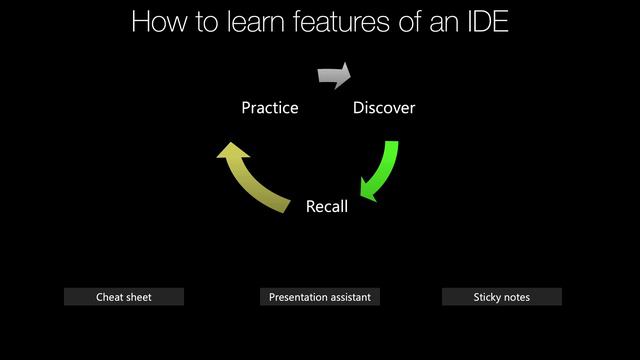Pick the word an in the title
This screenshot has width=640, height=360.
(450, 22)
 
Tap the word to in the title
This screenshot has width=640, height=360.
(204, 22)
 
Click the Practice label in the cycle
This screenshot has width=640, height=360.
(269, 108)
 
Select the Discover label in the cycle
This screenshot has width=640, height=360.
(384, 108)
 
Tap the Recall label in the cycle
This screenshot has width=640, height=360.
(327, 207)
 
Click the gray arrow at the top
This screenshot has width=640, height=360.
(334, 75)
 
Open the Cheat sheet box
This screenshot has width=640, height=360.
(124, 297)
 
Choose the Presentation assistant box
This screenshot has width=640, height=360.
(319, 297)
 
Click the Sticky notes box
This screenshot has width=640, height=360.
(501, 297)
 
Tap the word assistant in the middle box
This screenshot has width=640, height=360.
(347, 297)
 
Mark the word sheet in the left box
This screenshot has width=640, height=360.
(138, 297)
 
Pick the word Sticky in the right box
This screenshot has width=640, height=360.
(487, 297)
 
